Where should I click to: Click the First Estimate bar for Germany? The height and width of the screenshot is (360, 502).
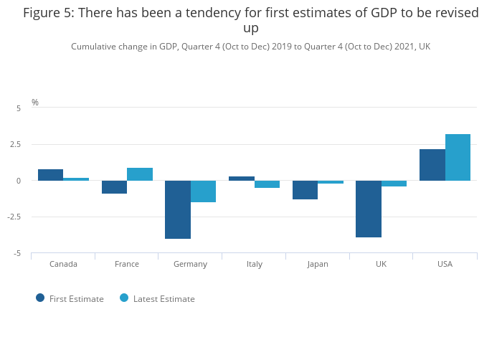pos(178,209)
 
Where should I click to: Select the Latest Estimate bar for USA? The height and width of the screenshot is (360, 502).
pos(458,158)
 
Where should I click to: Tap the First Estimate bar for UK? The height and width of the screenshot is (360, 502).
pos(369,209)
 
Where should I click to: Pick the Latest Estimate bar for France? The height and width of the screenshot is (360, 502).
pos(140,174)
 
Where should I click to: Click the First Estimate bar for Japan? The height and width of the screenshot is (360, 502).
pos(305,190)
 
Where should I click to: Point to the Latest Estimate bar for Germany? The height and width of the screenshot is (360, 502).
pos(203,191)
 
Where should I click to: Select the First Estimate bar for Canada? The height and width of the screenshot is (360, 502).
pos(50,175)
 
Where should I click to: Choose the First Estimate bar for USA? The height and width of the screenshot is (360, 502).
pos(432,165)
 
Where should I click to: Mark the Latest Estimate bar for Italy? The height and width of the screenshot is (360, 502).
pos(267,184)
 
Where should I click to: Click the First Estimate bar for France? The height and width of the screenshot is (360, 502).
pos(114,187)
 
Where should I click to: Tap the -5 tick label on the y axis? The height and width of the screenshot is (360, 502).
pos(17,254)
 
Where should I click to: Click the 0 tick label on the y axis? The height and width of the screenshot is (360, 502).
pos(19,181)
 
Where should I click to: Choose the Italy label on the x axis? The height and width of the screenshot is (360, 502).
pos(255,264)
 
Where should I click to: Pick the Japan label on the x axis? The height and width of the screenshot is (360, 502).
pos(318,264)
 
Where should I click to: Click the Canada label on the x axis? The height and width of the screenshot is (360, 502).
pos(63,264)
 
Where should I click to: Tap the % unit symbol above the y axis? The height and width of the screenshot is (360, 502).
pos(35,103)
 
